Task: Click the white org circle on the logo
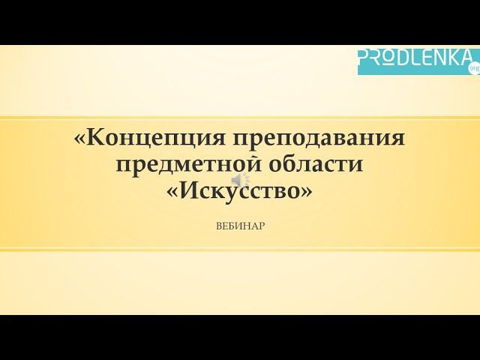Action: [473, 68]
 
